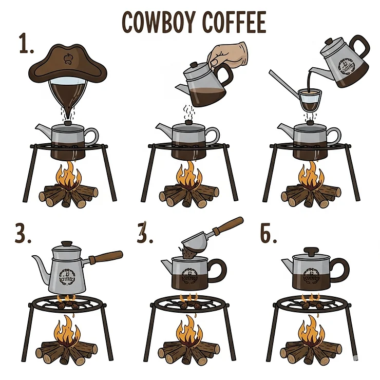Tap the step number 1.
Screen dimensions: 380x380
point(25,45)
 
